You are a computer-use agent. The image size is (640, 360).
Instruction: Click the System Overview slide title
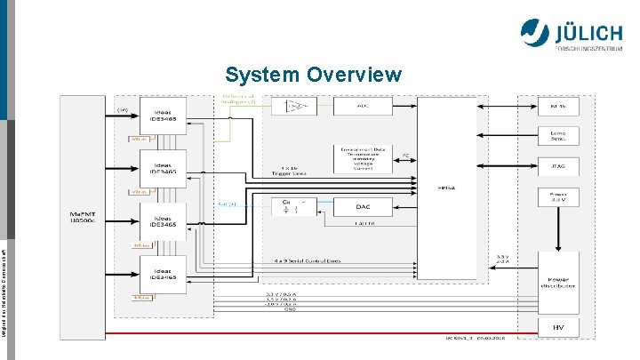point(313,74)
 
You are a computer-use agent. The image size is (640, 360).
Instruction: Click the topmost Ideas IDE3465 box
point(163,116)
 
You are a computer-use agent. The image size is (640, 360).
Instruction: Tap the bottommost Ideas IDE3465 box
point(163,275)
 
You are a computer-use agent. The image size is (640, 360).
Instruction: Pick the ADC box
point(362,106)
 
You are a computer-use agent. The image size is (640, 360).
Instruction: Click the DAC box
point(362,206)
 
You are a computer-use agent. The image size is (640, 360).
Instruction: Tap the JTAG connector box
point(557,164)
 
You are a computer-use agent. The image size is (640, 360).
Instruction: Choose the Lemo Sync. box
point(557,135)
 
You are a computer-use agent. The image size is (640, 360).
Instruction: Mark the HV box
point(557,327)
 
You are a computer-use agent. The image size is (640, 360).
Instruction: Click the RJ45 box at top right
point(557,107)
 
